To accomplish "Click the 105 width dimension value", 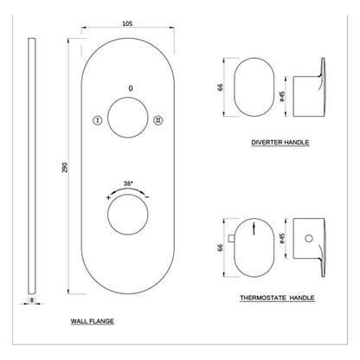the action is point(127,23).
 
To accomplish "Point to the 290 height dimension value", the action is point(65,167).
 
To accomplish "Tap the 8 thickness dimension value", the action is point(32,300).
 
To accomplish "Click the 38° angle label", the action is point(128,183).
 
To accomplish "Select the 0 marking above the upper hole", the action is point(131,88).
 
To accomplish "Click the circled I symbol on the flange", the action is point(98,120).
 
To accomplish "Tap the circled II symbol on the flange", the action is point(158,120).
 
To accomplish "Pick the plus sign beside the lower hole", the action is point(108,197).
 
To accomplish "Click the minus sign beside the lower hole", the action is point(147,197).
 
